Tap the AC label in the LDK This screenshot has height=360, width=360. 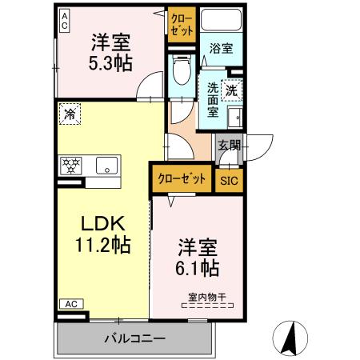point(70,304)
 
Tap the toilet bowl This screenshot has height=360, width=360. point(180,73)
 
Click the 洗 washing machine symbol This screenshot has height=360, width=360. point(232,91)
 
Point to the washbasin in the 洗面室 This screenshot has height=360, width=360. point(235,119)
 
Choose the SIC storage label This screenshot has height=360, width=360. point(229,179)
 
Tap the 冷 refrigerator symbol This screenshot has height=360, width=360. point(70,114)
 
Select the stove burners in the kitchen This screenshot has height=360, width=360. point(72,166)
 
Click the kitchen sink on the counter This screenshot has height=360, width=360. point(106,166)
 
